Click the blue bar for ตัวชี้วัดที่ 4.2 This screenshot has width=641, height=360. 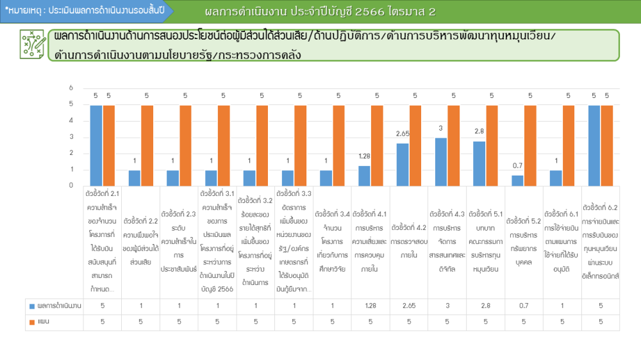403,164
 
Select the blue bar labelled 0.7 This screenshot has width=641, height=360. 517,180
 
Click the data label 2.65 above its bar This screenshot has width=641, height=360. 403,134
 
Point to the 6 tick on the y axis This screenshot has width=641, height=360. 71,88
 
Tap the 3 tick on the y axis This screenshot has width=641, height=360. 71,137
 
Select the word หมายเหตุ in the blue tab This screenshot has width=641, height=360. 23,11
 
